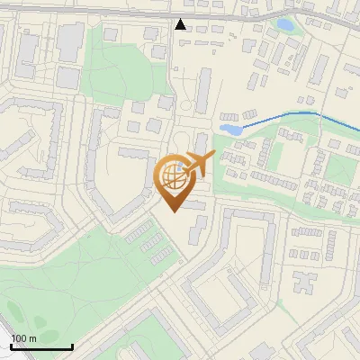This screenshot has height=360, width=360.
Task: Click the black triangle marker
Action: (x=181, y=24)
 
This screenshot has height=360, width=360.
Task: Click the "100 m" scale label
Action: (x=24, y=337)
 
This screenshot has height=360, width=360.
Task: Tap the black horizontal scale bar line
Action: (x=41, y=347)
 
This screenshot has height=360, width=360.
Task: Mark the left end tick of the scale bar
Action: (x=12, y=346)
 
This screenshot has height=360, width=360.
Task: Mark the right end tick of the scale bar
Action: (x=72, y=346)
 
